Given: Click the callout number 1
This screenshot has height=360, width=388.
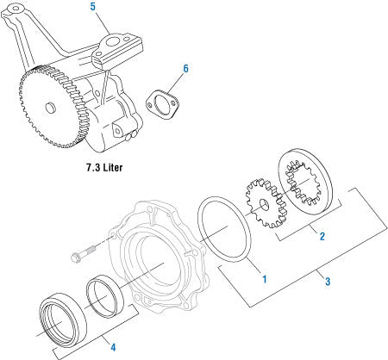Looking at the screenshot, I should click(x=264, y=279).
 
